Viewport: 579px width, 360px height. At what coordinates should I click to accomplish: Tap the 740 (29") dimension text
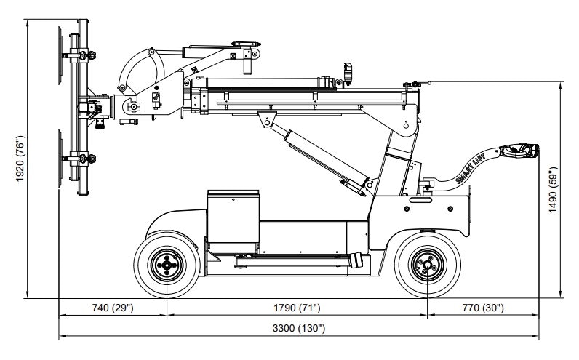[x=113, y=308]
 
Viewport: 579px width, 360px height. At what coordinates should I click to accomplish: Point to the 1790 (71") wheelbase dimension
[x=297, y=308]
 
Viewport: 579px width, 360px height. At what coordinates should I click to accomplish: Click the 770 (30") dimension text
[x=482, y=308]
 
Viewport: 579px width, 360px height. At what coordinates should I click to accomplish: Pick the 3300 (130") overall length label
[x=299, y=329]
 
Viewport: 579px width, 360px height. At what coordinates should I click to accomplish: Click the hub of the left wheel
[x=167, y=266]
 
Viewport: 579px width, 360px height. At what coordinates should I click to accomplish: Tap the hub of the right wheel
[x=427, y=266]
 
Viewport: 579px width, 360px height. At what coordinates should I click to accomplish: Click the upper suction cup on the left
[x=60, y=55]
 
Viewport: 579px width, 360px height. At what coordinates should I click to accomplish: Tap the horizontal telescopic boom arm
[x=306, y=97]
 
